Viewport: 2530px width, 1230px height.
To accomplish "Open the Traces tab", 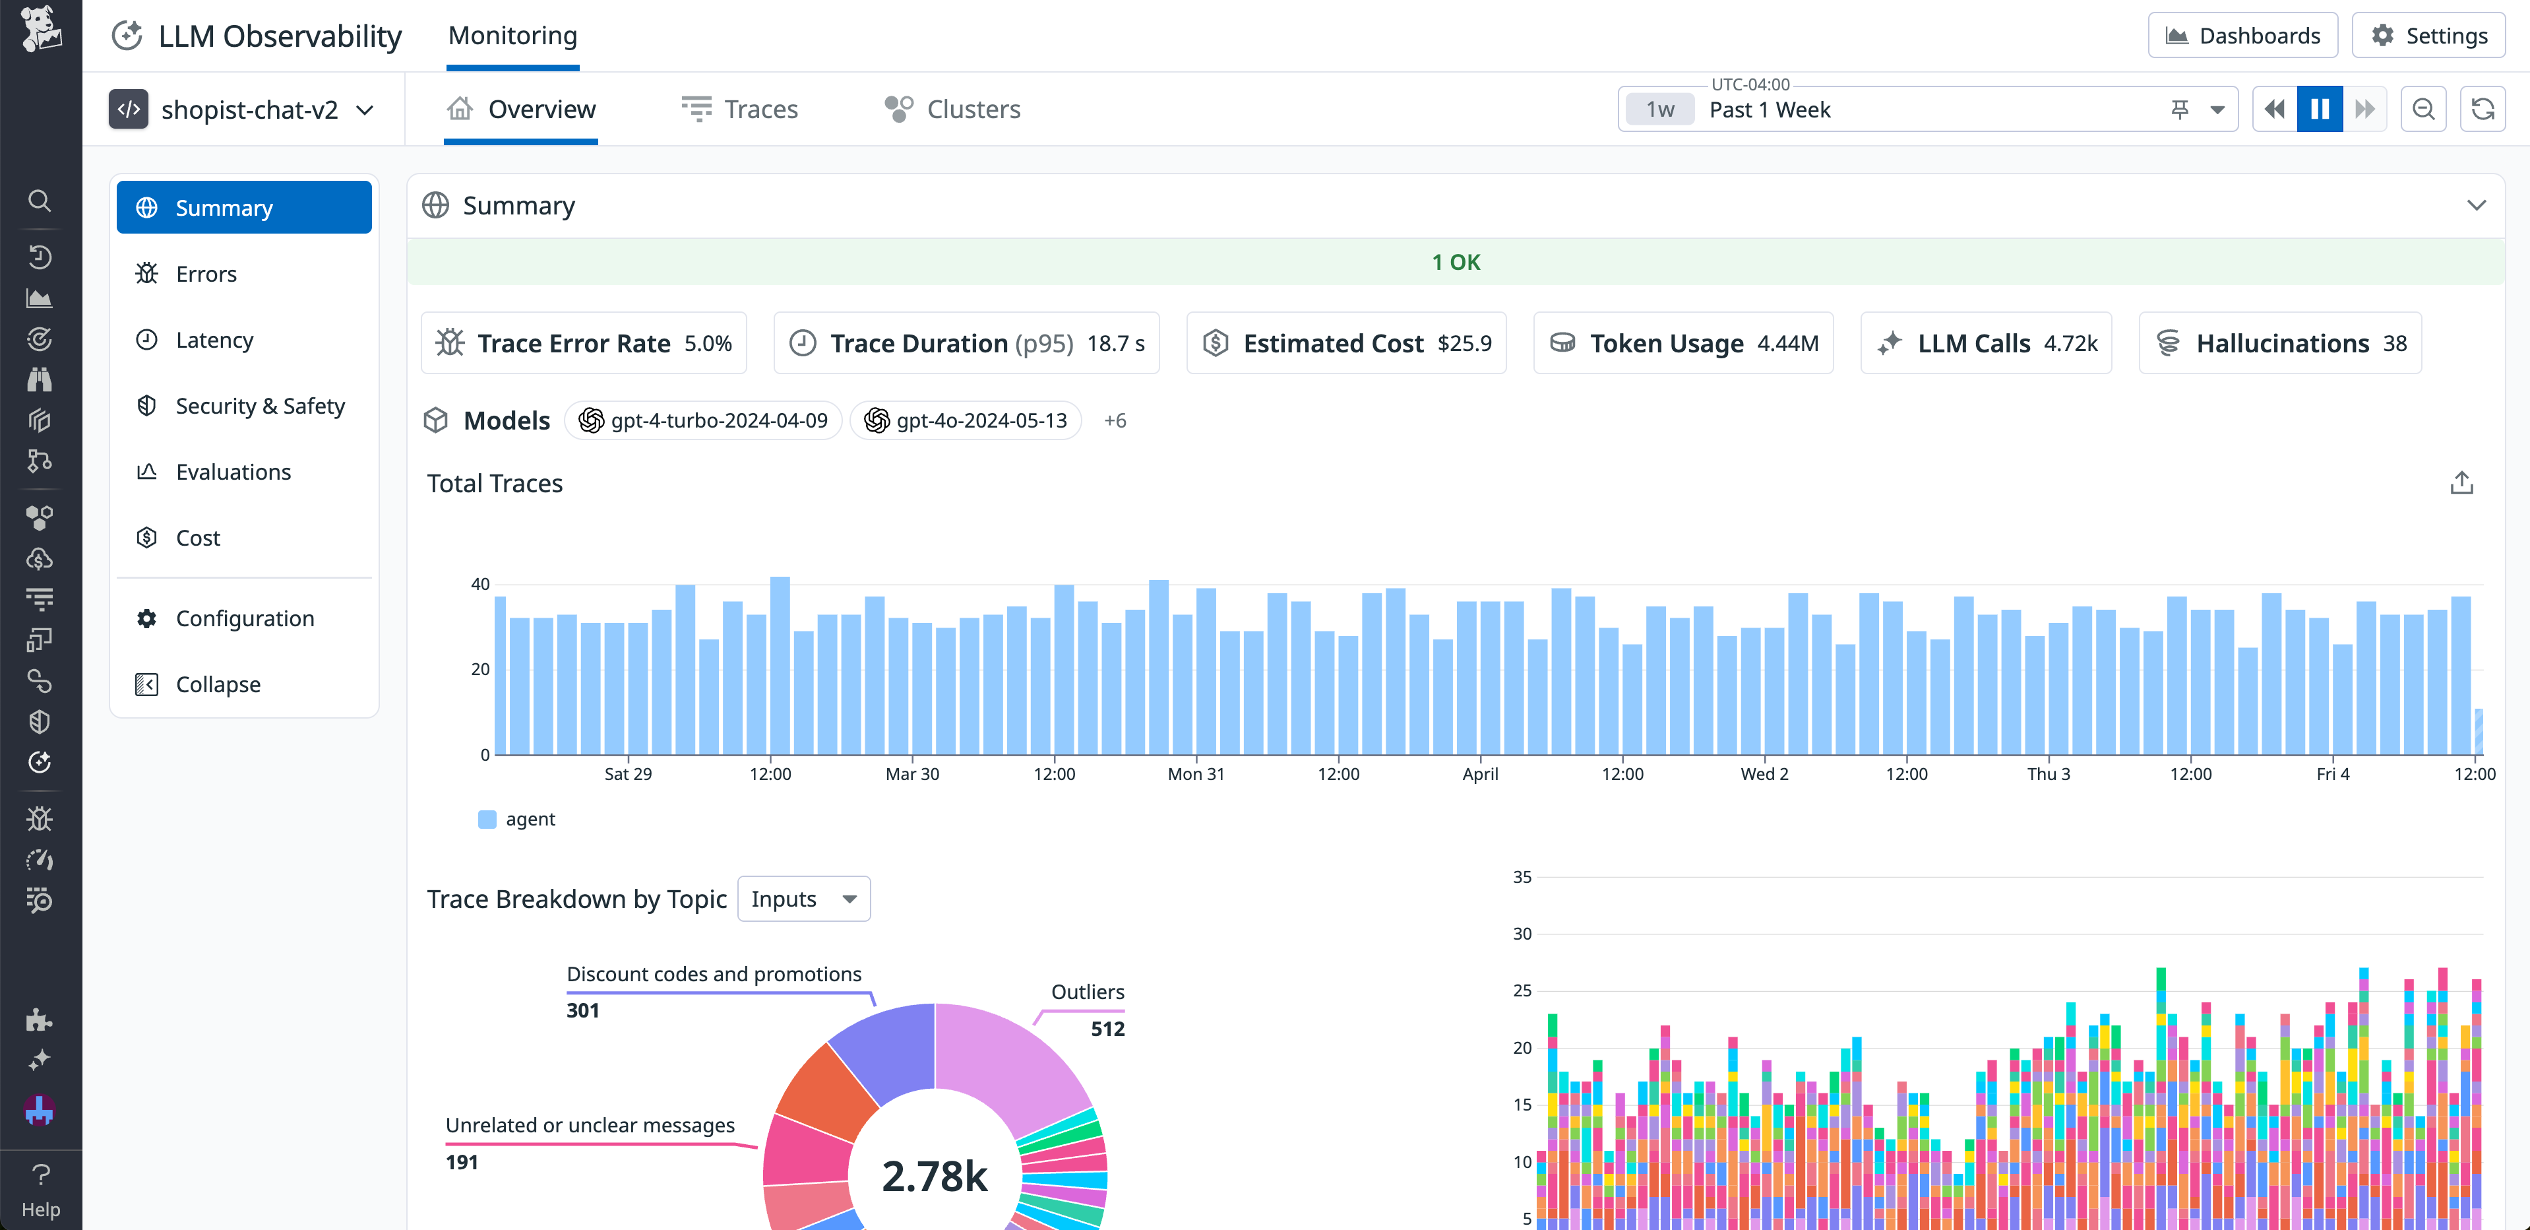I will (x=741, y=109).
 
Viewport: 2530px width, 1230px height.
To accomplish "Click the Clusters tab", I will (x=952, y=109).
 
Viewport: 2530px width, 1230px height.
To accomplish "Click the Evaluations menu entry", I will (x=233, y=472).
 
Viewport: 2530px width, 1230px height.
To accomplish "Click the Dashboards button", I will (x=2242, y=36).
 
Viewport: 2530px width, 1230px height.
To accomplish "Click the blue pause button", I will (x=2319, y=109).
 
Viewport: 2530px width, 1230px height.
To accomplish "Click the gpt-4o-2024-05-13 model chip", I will (x=966, y=420).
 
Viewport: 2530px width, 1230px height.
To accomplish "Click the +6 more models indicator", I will (x=1115, y=420).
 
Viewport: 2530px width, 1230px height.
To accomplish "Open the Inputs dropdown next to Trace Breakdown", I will (x=803, y=899).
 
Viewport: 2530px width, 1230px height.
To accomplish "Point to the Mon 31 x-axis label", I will (x=1195, y=774).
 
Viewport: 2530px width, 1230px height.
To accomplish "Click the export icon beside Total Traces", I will (x=2461, y=483).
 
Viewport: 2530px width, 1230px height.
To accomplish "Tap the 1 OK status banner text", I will (x=1456, y=263).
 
